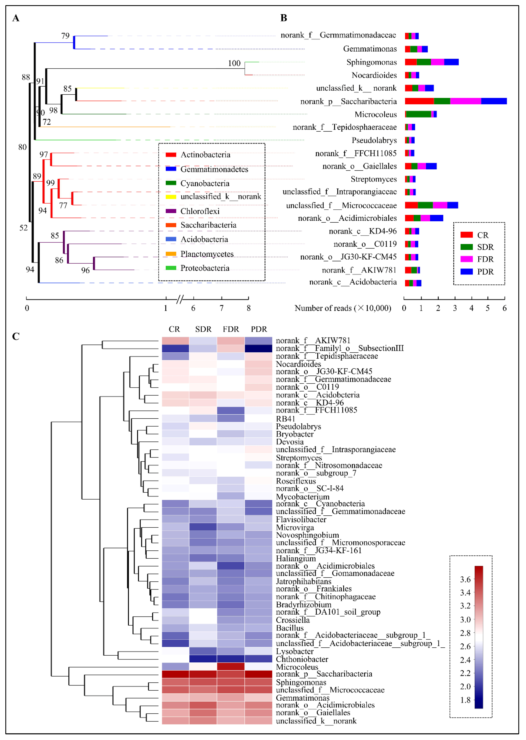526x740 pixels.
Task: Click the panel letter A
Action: pos(16,18)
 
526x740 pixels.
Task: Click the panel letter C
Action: pos(16,337)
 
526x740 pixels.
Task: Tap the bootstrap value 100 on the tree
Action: pos(234,63)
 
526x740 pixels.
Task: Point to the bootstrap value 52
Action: pos(23,228)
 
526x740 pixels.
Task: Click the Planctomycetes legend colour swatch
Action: pos(171,254)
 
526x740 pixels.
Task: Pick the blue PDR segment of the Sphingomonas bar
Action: pos(451,62)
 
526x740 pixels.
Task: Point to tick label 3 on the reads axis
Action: pos(455,308)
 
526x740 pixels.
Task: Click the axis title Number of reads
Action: pos(343,308)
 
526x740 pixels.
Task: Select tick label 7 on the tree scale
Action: pos(221,308)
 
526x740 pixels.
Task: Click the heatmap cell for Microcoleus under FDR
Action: pos(231,666)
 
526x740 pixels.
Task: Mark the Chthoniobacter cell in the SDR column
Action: pos(203,659)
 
